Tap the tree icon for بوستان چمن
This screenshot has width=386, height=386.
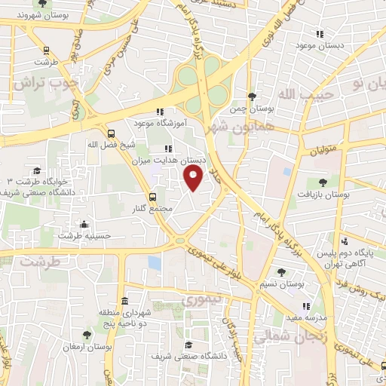click(x=252, y=96)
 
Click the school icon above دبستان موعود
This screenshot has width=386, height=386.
click(x=320, y=34)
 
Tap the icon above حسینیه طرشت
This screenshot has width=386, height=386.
click(x=84, y=224)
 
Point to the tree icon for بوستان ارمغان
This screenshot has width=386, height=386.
click(x=88, y=333)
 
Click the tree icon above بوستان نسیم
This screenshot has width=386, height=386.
click(x=282, y=272)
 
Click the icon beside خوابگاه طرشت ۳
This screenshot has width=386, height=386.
click(x=38, y=171)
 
